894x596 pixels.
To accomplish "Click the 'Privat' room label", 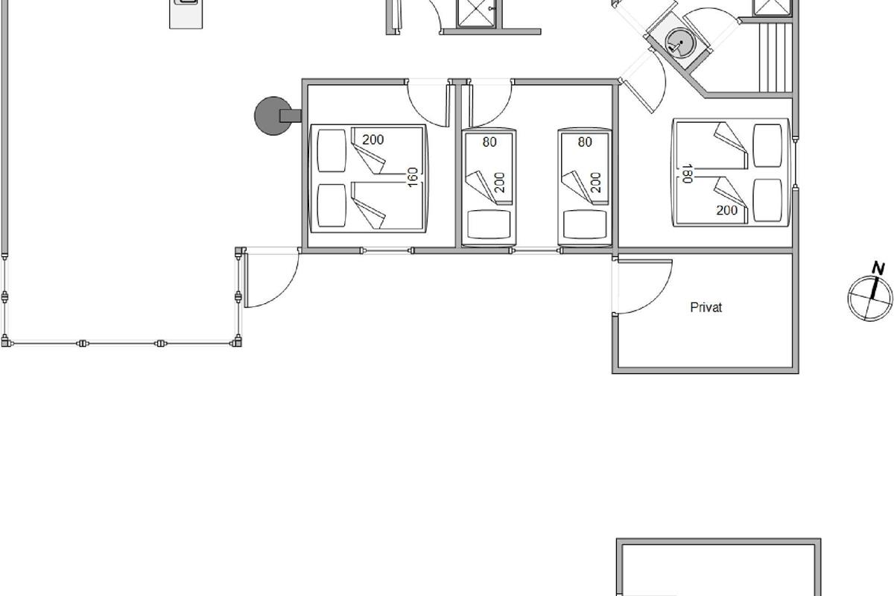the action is [x=706, y=308].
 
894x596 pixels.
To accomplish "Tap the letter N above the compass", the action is [x=878, y=268].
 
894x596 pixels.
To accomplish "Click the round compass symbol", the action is [x=870, y=298].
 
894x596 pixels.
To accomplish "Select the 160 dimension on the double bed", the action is [x=413, y=177].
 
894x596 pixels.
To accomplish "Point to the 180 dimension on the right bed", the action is [x=686, y=174].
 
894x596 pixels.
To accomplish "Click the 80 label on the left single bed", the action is [x=489, y=142].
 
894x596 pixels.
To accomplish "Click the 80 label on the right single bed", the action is [x=585, y=142].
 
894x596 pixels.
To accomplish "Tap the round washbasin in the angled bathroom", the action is [x=681, y=42].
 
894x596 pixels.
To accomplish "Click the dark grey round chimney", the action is [x=273, y=115].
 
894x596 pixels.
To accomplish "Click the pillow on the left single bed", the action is [x=489, y=224].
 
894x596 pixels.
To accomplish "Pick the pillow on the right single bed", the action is [x=585, y=224].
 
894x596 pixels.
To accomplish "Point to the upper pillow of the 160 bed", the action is [x=332, y=150].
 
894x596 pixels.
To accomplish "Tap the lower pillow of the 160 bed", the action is [x=332, y=205].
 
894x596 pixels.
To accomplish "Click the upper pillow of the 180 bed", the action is [x=767, y=146].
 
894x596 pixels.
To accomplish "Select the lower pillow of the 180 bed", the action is [x=767, y=200].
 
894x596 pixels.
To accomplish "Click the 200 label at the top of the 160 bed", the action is [x=372, y=140].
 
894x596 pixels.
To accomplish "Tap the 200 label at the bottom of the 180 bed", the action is [x=727, y=210].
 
